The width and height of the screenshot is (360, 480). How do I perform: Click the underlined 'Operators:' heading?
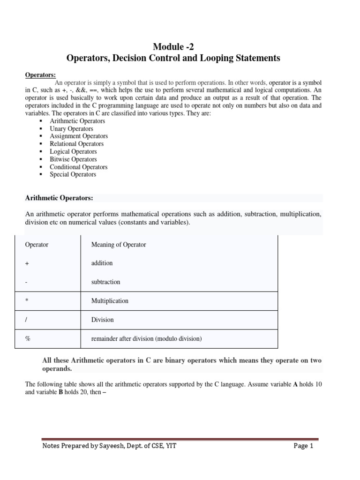tap(40, 75)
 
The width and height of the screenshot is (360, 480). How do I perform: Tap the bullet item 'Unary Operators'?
tap(71, 128)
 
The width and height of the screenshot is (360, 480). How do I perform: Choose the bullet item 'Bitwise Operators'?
tap(73, 159)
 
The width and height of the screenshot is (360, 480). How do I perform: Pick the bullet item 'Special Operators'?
tap(73, 174)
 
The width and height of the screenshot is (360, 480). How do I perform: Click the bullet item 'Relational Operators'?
tap(76, 144)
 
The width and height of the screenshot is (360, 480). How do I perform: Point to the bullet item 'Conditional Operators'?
tap(78, 167)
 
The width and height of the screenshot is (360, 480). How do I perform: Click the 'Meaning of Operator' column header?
tap(119, 245)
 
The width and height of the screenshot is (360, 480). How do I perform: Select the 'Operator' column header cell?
tap(37, 245)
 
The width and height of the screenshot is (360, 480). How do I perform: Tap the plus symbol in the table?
tap(27, 263)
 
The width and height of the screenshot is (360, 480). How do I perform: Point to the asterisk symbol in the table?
tap(27, 301)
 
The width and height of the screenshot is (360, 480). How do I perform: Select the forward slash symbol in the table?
tap(26, 320)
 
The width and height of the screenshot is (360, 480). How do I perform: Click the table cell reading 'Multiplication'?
tap(110, 301)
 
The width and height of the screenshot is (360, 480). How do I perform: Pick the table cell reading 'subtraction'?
tap(105, 282)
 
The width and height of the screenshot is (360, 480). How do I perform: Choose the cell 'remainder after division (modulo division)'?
tap(146, 339)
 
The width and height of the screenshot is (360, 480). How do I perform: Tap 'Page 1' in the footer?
tap(303, 446)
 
